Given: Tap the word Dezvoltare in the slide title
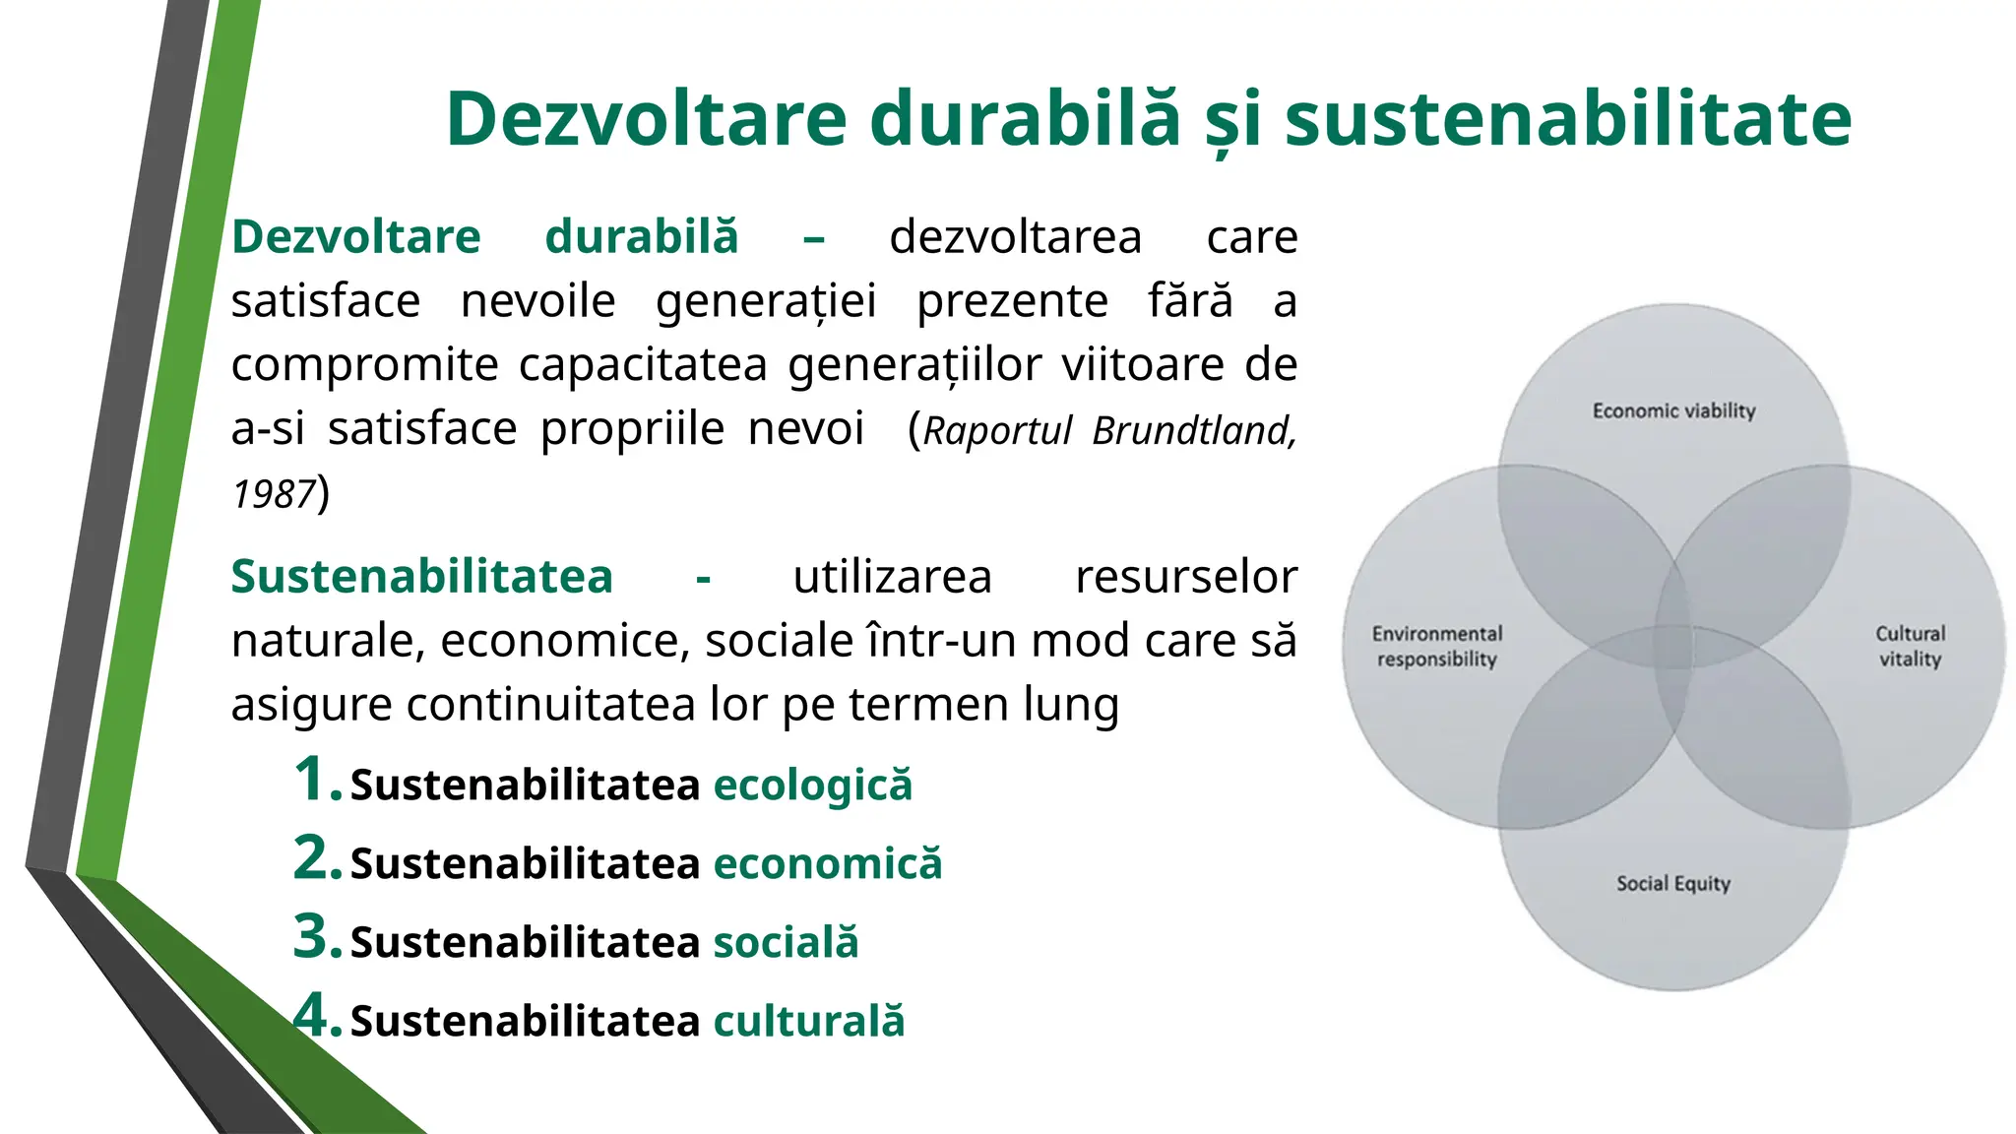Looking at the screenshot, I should tap(646, 119).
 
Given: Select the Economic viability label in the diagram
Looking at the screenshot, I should tap(1673, 410).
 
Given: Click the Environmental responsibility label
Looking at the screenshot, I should tap(1436, 647).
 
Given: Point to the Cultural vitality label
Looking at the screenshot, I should tap(1910, 647).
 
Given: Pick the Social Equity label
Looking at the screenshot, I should tap(1672, 883).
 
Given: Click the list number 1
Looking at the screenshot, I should tap(316, 779).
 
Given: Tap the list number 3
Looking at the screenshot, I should tap(316, 936).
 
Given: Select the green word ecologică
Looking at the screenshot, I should tap(812, 786).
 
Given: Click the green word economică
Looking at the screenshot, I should tap(827, 864).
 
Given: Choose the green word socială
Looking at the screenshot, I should tap(786, 943).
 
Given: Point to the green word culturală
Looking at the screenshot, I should tap(808, 1022).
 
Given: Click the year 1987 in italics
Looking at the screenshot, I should tap(273, 494).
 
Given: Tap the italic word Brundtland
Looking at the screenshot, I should tap(1193, 431).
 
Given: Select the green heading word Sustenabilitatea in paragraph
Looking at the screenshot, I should tap(421, 577).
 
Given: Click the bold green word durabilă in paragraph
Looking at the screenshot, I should tap(641, 237).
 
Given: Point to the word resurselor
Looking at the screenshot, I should tap(1185, 577).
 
